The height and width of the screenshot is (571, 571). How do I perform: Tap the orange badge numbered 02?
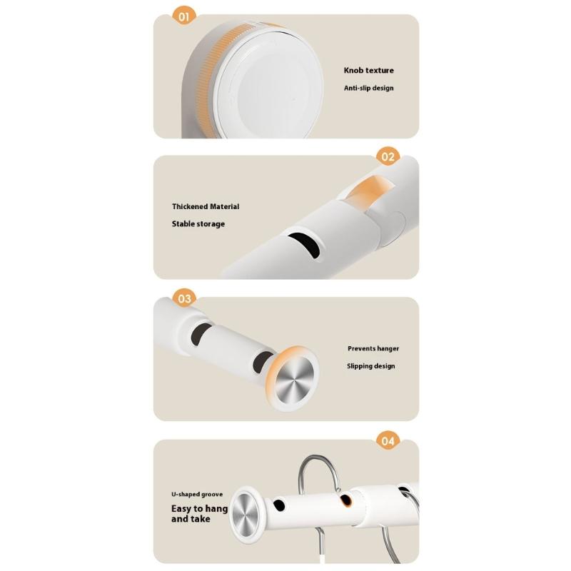click(x=388, y=156)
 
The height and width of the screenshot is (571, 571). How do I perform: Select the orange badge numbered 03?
click(x=183, y=298)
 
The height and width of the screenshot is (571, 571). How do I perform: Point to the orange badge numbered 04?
click(x=388, y=440)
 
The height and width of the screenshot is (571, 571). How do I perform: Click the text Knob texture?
click(x=368, y=71)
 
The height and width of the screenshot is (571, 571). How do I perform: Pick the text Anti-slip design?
click(x=369, y=88)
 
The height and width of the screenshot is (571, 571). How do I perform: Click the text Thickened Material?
click(x=206, y=206)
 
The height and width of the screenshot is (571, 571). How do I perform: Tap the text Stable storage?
click(x=198, y=223)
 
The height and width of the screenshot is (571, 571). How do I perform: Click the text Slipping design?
click(x=370, y=366)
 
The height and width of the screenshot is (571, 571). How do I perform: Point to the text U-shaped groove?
click(x=197, y=494)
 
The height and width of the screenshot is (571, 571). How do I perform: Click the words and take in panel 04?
click(x=191, y=520)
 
